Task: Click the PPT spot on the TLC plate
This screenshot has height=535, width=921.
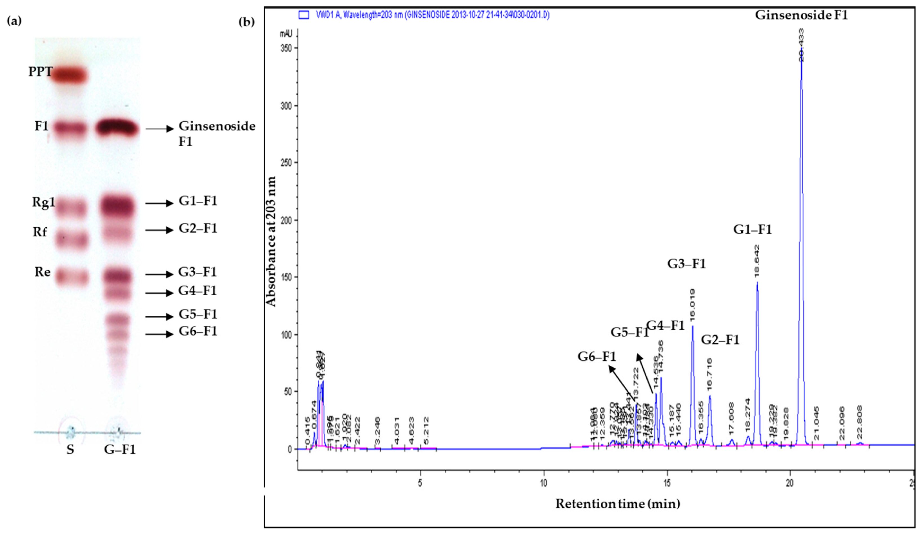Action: click(69, 75)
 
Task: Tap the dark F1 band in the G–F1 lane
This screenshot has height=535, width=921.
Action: click(117, 128)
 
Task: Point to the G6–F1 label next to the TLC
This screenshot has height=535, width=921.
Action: click(198, 331)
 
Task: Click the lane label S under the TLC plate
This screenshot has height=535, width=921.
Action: click(70, 449)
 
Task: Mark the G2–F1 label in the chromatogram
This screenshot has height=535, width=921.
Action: click(720, 340)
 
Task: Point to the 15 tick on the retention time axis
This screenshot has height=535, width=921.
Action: click(667, 483)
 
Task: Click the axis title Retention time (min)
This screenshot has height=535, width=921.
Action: click(618, 504)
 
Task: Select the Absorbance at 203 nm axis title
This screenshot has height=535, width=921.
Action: click(271, 241)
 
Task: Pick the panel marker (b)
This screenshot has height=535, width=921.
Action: click(246, 22)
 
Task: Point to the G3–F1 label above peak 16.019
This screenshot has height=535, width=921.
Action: click(686, 264)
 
